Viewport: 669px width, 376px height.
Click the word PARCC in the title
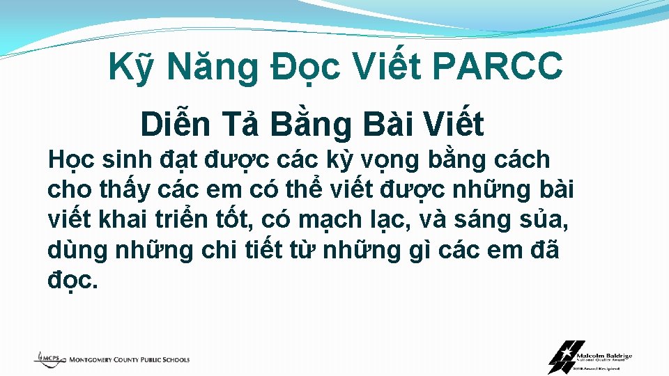497,68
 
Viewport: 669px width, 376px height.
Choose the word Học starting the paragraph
70,160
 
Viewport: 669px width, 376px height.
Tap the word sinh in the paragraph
128,160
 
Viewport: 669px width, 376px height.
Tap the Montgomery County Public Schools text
129,360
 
